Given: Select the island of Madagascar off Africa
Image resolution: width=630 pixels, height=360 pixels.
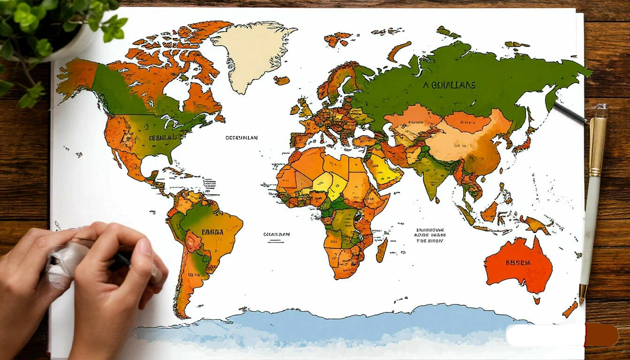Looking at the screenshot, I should coord(382,250).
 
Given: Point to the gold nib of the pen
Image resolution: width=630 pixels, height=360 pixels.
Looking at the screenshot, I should coord(582,294).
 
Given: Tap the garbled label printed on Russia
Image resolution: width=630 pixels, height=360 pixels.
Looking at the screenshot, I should coord(449,85).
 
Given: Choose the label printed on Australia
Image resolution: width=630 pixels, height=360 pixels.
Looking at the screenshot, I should coord(518,262).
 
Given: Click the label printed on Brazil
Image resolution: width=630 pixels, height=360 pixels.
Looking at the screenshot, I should coord(212,232).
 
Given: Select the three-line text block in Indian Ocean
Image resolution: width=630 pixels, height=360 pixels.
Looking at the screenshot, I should coord(429,236).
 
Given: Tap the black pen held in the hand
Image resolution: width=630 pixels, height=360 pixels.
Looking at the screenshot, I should coord(122,259).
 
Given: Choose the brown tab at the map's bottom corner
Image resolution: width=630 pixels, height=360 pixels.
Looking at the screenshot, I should coord(602,335).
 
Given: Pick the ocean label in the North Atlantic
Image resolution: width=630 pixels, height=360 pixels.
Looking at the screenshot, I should coord(241,138).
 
